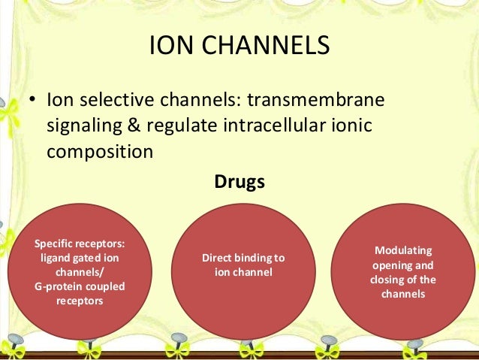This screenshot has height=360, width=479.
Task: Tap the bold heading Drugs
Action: pyautogui.click(x=239, y=181)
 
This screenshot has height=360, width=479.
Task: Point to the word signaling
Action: pyautogui.click(x=84, y=126)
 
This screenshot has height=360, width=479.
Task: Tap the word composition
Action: pyautogui.click(x=100, y=150)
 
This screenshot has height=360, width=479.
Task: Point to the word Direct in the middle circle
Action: pyautogui.click(x=217, y=259)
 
